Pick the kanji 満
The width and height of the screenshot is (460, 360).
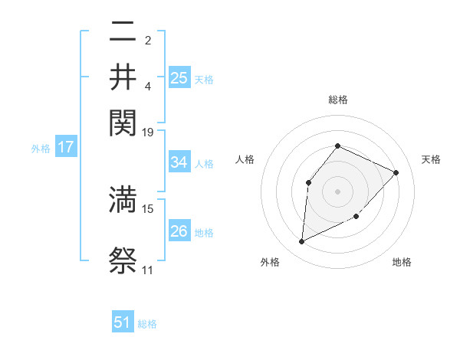tap(123, 198)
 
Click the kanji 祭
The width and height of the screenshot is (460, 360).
tap(123, 260)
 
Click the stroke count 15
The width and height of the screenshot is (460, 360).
tap(148, 208)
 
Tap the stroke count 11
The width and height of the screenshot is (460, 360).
tap(147, 270)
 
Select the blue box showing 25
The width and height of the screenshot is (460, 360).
tap(179, 78)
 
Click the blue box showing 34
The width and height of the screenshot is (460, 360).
tap(179, 162)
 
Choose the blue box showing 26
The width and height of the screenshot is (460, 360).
tap(179, 231)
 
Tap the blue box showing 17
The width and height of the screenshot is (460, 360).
tap(66, 147)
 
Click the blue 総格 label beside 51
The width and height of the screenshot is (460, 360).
tap(147, 324)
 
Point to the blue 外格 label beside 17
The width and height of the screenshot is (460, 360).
tap(41, 149)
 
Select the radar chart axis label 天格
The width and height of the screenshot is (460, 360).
tap(432, 159)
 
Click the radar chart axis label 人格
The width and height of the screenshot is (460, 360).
tap(245, 159)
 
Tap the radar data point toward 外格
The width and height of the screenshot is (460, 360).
tap(301, 242)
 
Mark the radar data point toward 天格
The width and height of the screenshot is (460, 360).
tap(396, 172)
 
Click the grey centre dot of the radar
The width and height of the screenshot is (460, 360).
tap(337, 191)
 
